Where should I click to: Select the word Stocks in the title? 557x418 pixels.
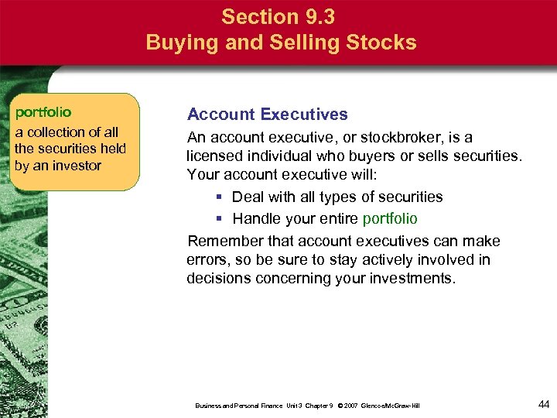pyautogui.click(x=384, y=42)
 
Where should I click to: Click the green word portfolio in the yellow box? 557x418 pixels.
pyautogui.click(x=43, y=113)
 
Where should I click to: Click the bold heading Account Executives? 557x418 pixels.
pyautogui.click(x=268, y=115)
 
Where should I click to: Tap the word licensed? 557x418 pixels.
pyautogui.click(x=216, y=156)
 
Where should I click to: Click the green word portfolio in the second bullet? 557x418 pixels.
pyautogui.click(x=390, y=219)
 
